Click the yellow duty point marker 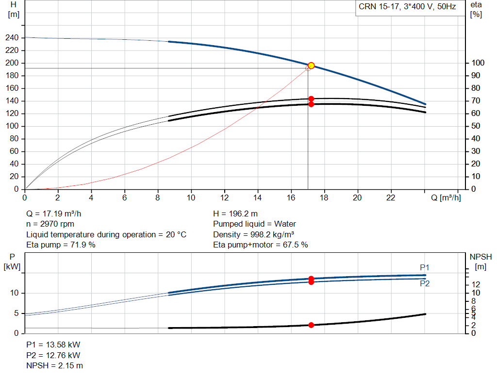point(311,66)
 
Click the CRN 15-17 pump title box point(410,8)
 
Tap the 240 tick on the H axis point(12,38)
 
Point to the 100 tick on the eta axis point(478,63)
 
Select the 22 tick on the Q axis point(391,198)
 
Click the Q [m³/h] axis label point(446,198)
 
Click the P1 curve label point(424,267)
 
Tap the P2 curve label point(424,283)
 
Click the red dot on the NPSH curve point(311,325)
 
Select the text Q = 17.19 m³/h point(53,214)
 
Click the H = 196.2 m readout point(235,214)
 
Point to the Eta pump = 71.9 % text point(61,245)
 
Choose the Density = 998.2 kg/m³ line point(253,234)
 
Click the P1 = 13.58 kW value point(53,345)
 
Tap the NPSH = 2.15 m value point(54,366)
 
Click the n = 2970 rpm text point(50,224)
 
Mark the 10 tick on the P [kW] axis point(14,293)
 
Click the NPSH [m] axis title point(480,262)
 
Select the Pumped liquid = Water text point(254,224)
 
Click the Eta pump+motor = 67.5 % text point(261,245)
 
